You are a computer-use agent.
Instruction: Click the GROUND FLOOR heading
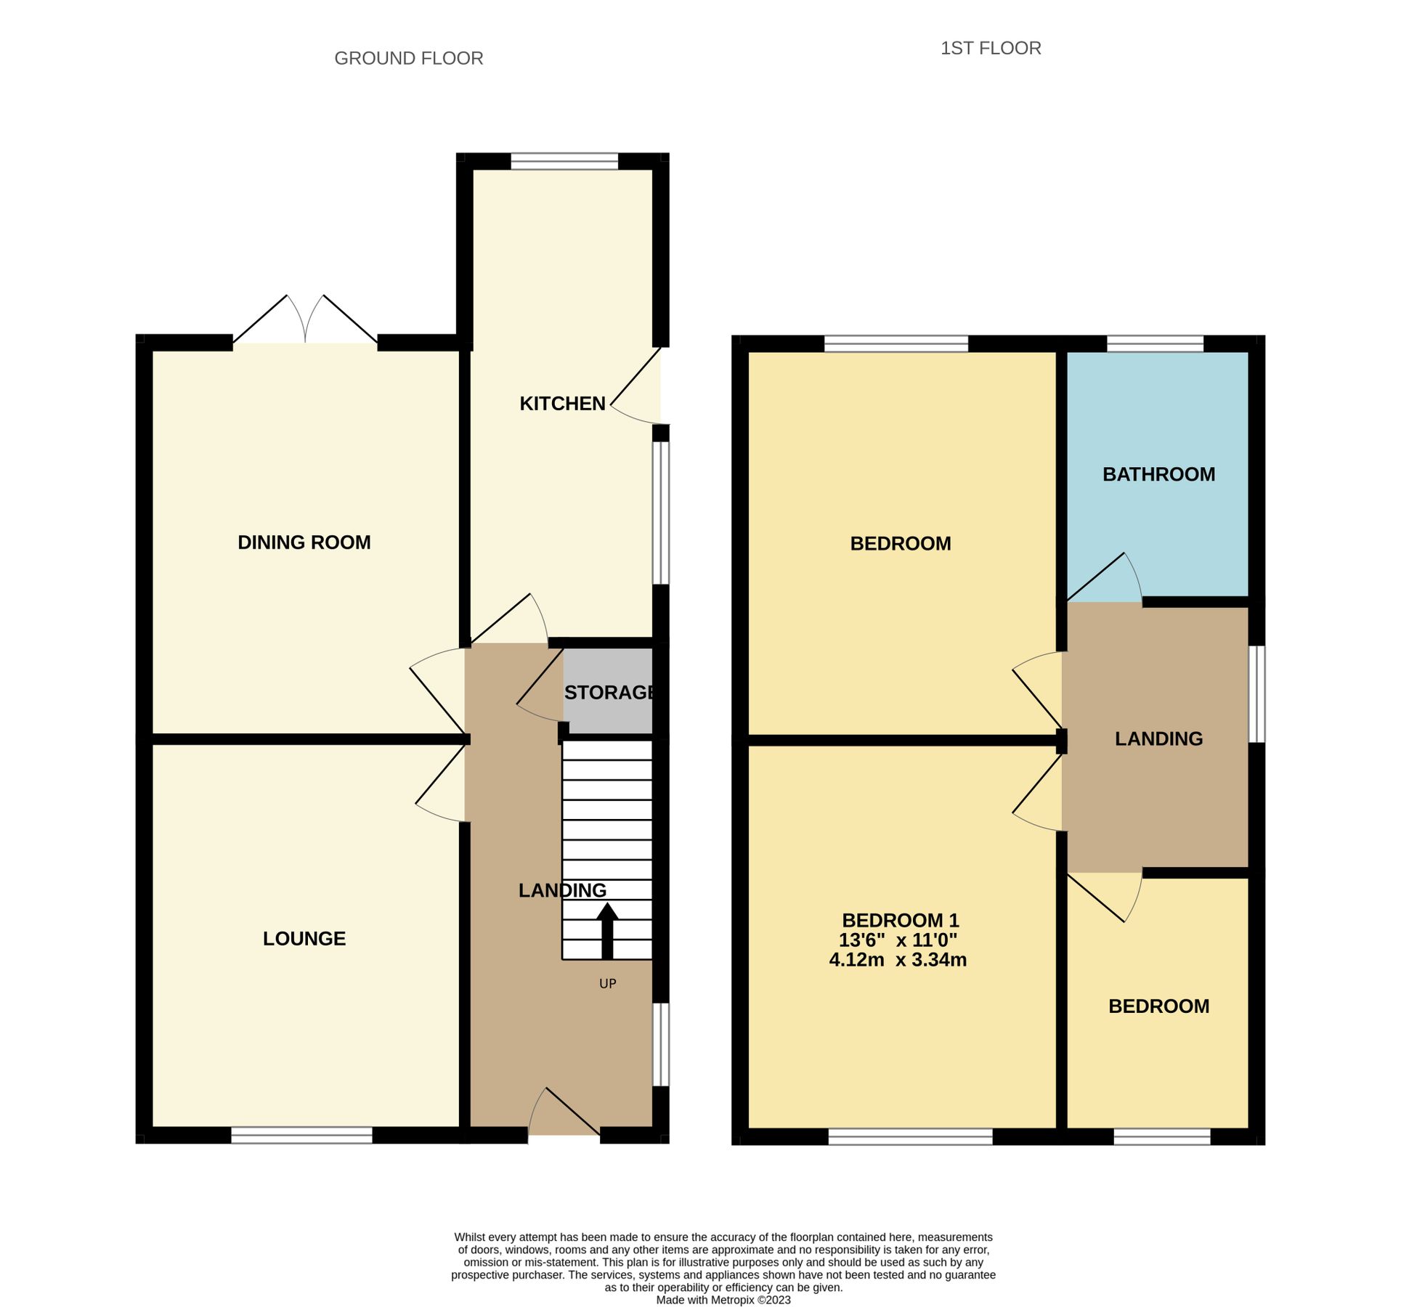pyautogui.click(x=408, y=58)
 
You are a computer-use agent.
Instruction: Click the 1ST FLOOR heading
pyautogui.click(x=990, y=48)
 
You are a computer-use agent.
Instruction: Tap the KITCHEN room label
pyautogui.click(x=562, y=404)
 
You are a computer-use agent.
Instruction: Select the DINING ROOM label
pyautogui.click(x=304, y=542)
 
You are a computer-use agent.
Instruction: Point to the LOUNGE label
pyautogui.click(x=304, y=939)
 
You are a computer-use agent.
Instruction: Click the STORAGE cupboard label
pyautogui.click(x=609, y=693)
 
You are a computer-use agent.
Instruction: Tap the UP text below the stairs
pyautogui.click(x=607, y=984)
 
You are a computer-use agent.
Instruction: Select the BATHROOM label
pyautogui.click(x=1158, y=474)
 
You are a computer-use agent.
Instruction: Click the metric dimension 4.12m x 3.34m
pyautogui.click(x=898, y=960)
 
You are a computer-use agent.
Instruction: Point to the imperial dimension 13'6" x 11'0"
pyautogui.click(x=898, y=940)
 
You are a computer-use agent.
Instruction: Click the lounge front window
pyautogui.click(x=301, y=1136)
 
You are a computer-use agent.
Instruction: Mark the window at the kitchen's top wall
pyautogui.click(x=564, y=161)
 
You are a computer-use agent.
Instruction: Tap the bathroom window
pyautogui.click(x=1155, y=343)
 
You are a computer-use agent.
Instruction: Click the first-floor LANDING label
pyautogui.click(x=1158, y=738)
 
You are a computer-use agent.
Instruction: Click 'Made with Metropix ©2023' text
pyautogui.click(x=723, y=1300)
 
